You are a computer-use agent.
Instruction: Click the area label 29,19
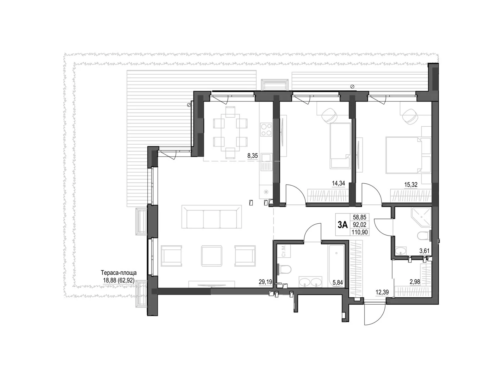click(x=265, y=282)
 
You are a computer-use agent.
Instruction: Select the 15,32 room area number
click(x=410, y=185)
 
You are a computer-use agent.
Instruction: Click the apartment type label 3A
click(x=342, y=225)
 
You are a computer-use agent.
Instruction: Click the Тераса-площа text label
click(x=118, y=273)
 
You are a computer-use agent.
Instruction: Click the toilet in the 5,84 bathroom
click(x=285, y=270)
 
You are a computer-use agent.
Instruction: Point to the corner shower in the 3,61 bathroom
click(x=421, y=217)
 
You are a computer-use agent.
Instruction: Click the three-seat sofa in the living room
click(x=212, y=217)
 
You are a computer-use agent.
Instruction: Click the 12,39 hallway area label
click(x=382, y=293)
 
